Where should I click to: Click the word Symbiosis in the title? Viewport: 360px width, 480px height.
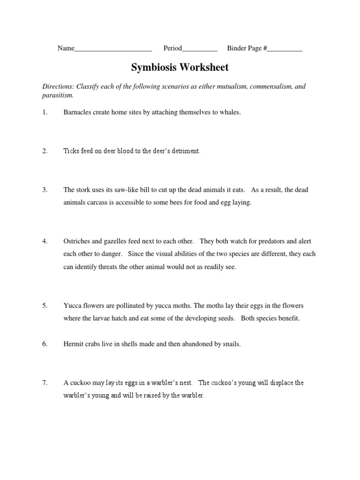tap(154, 67)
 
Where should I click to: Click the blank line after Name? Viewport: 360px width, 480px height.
tap(113, 49)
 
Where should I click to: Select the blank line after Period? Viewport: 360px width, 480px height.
tap(200, 49)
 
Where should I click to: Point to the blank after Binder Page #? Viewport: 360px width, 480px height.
tap(285, 49)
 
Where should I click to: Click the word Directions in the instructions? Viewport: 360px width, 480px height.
tap(58, 87)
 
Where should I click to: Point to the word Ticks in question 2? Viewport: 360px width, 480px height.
tap(71, 151)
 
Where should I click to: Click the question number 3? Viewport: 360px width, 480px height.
tap(45, 190)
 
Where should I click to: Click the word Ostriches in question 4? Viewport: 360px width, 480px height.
tap(78, 241)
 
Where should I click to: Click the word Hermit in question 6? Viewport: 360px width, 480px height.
tap(74, 344)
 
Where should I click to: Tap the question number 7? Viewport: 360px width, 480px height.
tap(45, 382)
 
